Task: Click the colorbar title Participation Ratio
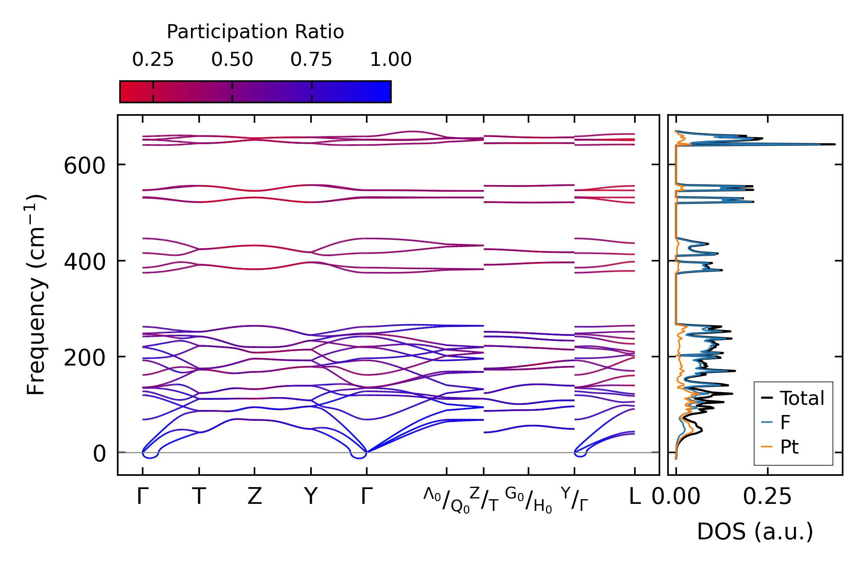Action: (255, 32)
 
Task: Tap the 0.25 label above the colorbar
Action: (153, 60)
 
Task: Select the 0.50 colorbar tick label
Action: (232, 60)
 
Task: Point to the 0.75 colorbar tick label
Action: (311, 60)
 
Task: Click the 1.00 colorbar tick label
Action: (391, 60)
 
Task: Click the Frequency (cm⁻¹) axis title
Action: (36, 295)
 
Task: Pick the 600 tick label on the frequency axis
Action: (85, 166)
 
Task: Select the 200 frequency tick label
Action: (85, 357)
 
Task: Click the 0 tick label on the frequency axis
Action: (99, 454)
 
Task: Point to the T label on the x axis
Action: (199, 496)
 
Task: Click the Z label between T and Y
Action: (255, 496)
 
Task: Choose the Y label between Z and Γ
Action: (311, 496)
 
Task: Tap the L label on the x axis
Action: (635, 496)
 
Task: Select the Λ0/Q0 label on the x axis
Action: (447, 500)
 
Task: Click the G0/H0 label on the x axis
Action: (528, 500)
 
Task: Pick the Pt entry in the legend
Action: (789, 447)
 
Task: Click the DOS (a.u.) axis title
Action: (755, 532)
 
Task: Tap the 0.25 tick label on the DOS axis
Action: (767, 496)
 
